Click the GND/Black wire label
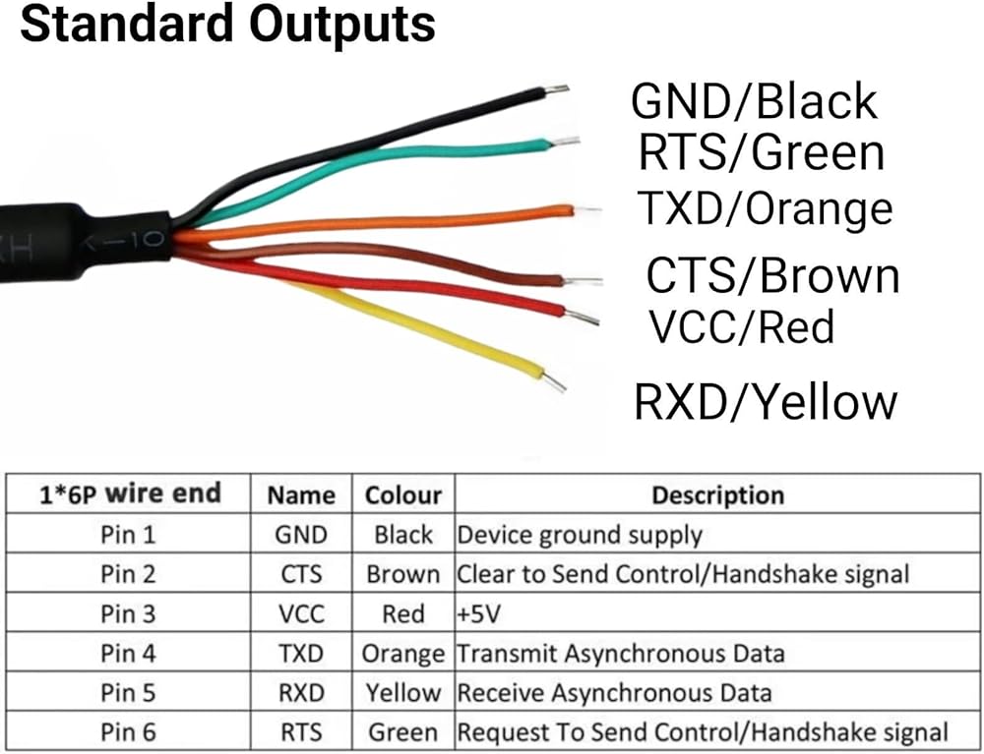pos(754,101)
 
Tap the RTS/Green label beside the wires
pos(761,153)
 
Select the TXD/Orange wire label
pos(765,208)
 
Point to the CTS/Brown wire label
pos(772,276)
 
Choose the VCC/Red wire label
pos(740,327)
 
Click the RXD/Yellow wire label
pos(766,402)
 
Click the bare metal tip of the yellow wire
pos(555,381)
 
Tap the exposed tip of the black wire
pos(557,90)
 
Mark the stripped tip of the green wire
pos(565,142)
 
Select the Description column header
pos(717,494)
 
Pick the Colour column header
pos(403,494)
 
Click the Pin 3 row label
pos(128,613)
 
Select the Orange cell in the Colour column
pos(403,653)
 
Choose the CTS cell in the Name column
pos(301,574)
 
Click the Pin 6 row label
pos(128,731)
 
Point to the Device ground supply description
pos(580,535)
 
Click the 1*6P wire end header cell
pos(130,493)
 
